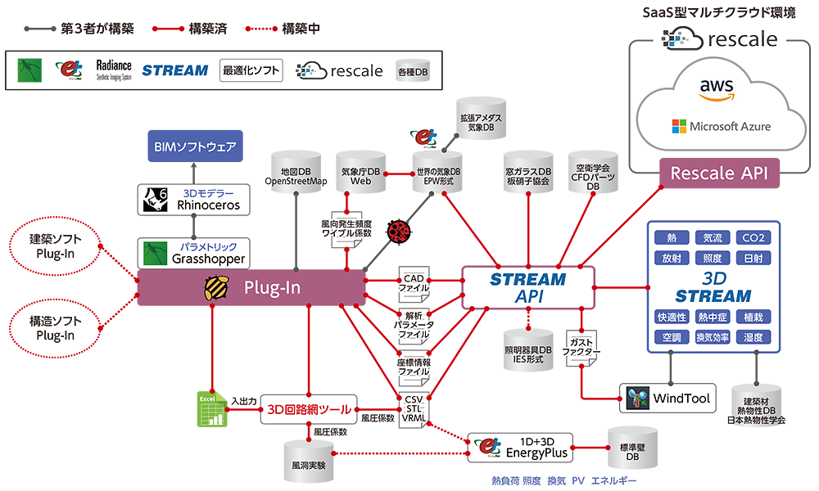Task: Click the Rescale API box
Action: click(719, 173)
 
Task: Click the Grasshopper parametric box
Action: click(193, 253)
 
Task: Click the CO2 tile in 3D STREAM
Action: click(753, 238)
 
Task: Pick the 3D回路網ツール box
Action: click(309, 408)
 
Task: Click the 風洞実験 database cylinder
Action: click(308, 462)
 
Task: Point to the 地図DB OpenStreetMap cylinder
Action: click(296, 171)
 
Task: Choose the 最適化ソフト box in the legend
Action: click(251, 70)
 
